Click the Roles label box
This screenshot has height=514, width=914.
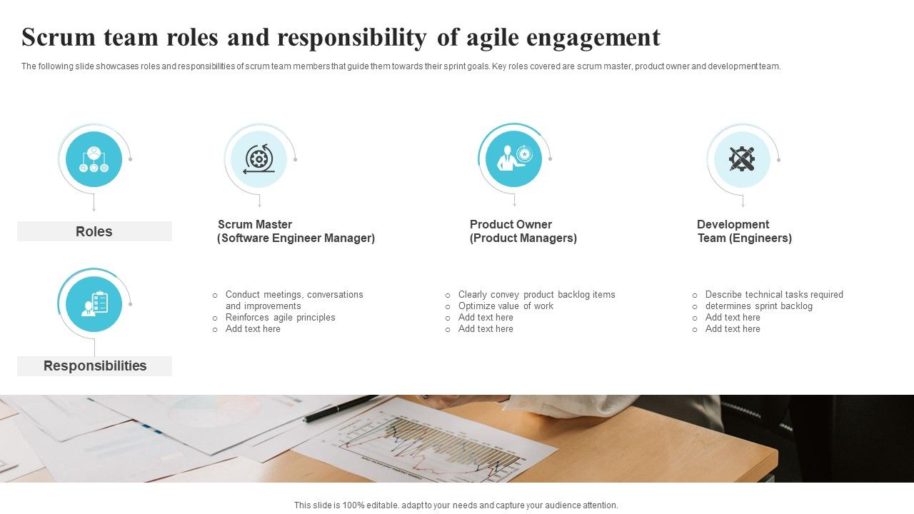point(94,231)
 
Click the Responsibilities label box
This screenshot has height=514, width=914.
point(94,366)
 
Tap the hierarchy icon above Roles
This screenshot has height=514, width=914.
point(94,159)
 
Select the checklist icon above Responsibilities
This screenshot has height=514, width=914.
point(94,303)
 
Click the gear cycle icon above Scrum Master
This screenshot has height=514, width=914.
point(258,158)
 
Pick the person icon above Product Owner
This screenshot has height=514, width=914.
point(513,158)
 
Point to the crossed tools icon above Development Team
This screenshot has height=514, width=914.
point(742,158)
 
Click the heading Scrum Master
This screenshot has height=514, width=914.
point(255,224)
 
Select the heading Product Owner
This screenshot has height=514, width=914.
point(511,224)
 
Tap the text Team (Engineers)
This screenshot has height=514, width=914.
point(745,238)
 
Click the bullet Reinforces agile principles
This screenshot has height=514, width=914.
point(280,318)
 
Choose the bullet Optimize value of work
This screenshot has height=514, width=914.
point(506,306)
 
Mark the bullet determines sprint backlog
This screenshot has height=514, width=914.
point(758,306)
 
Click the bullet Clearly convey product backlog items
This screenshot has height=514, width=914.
point(536,295)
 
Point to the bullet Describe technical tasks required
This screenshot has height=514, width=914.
point(774,295)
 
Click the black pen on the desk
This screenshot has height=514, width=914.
point(340,408)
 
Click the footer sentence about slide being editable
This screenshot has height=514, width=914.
point(456,505)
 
